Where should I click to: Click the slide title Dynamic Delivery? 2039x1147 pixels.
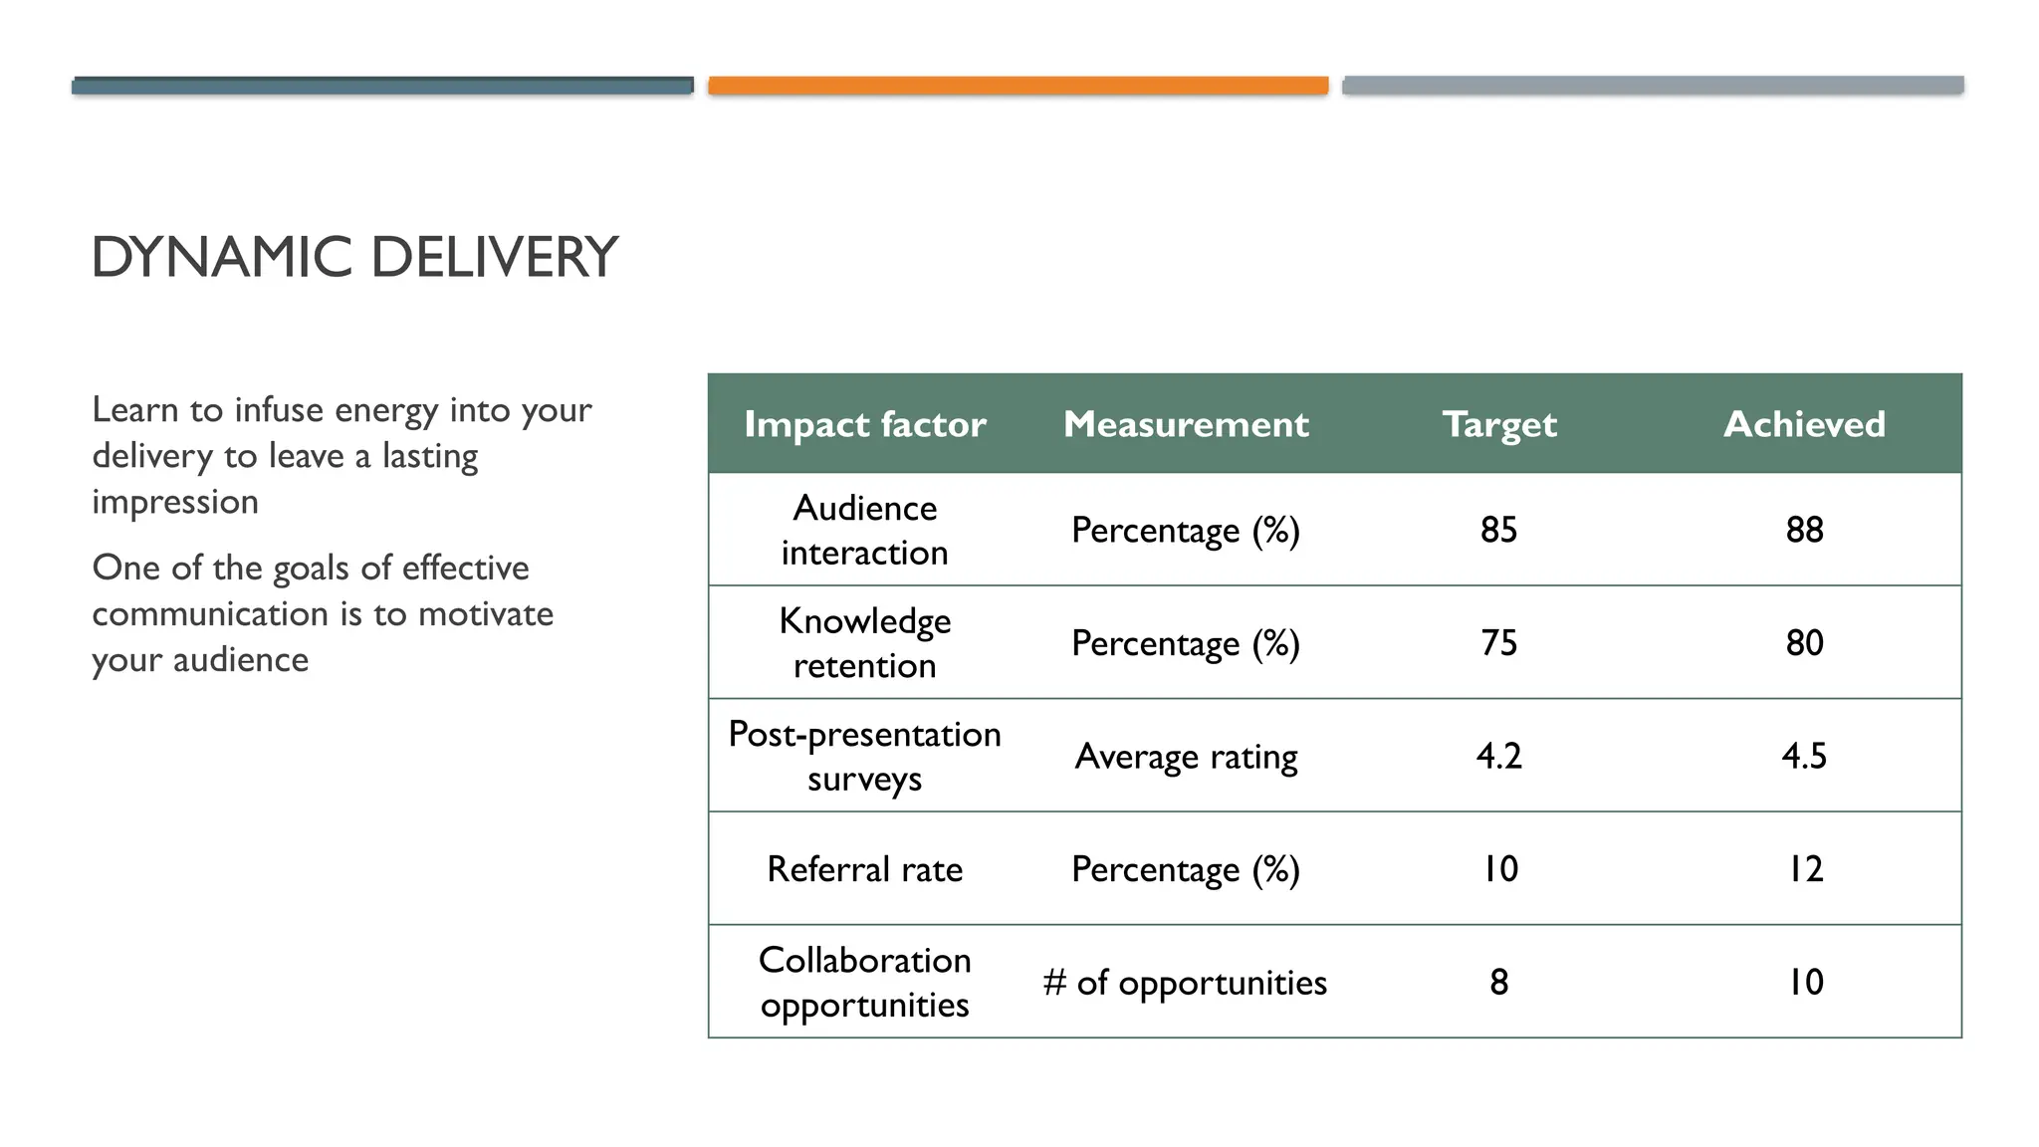[354, 257]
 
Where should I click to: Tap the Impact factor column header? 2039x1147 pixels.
[864, 424]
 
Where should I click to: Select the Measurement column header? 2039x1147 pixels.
[1185, 424]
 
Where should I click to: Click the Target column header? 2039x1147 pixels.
[1498, 424]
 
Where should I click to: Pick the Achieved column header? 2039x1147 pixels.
[1803, 424]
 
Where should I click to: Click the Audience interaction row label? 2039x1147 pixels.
[864, 530]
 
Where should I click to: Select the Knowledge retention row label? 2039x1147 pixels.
[864, 642]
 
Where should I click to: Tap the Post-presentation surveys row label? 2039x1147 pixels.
[864, 756]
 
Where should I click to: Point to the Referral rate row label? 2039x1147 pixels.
[864, 869]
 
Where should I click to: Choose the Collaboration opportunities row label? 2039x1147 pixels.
[864, 982]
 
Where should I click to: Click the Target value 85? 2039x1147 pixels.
[1498, 530]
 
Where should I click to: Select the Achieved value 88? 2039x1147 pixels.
[1803, 530]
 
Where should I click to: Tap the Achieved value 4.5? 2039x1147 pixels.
[1803, 756]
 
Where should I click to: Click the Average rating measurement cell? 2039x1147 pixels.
[1185, 757]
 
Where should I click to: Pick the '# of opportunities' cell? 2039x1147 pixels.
[1185, 983]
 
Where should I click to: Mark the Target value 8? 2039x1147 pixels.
[1498, 982]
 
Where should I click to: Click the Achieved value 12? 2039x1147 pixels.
[1803, 869]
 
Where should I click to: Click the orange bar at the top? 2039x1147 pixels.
[1018, 86]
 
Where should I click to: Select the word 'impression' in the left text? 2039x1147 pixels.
[175, 502]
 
